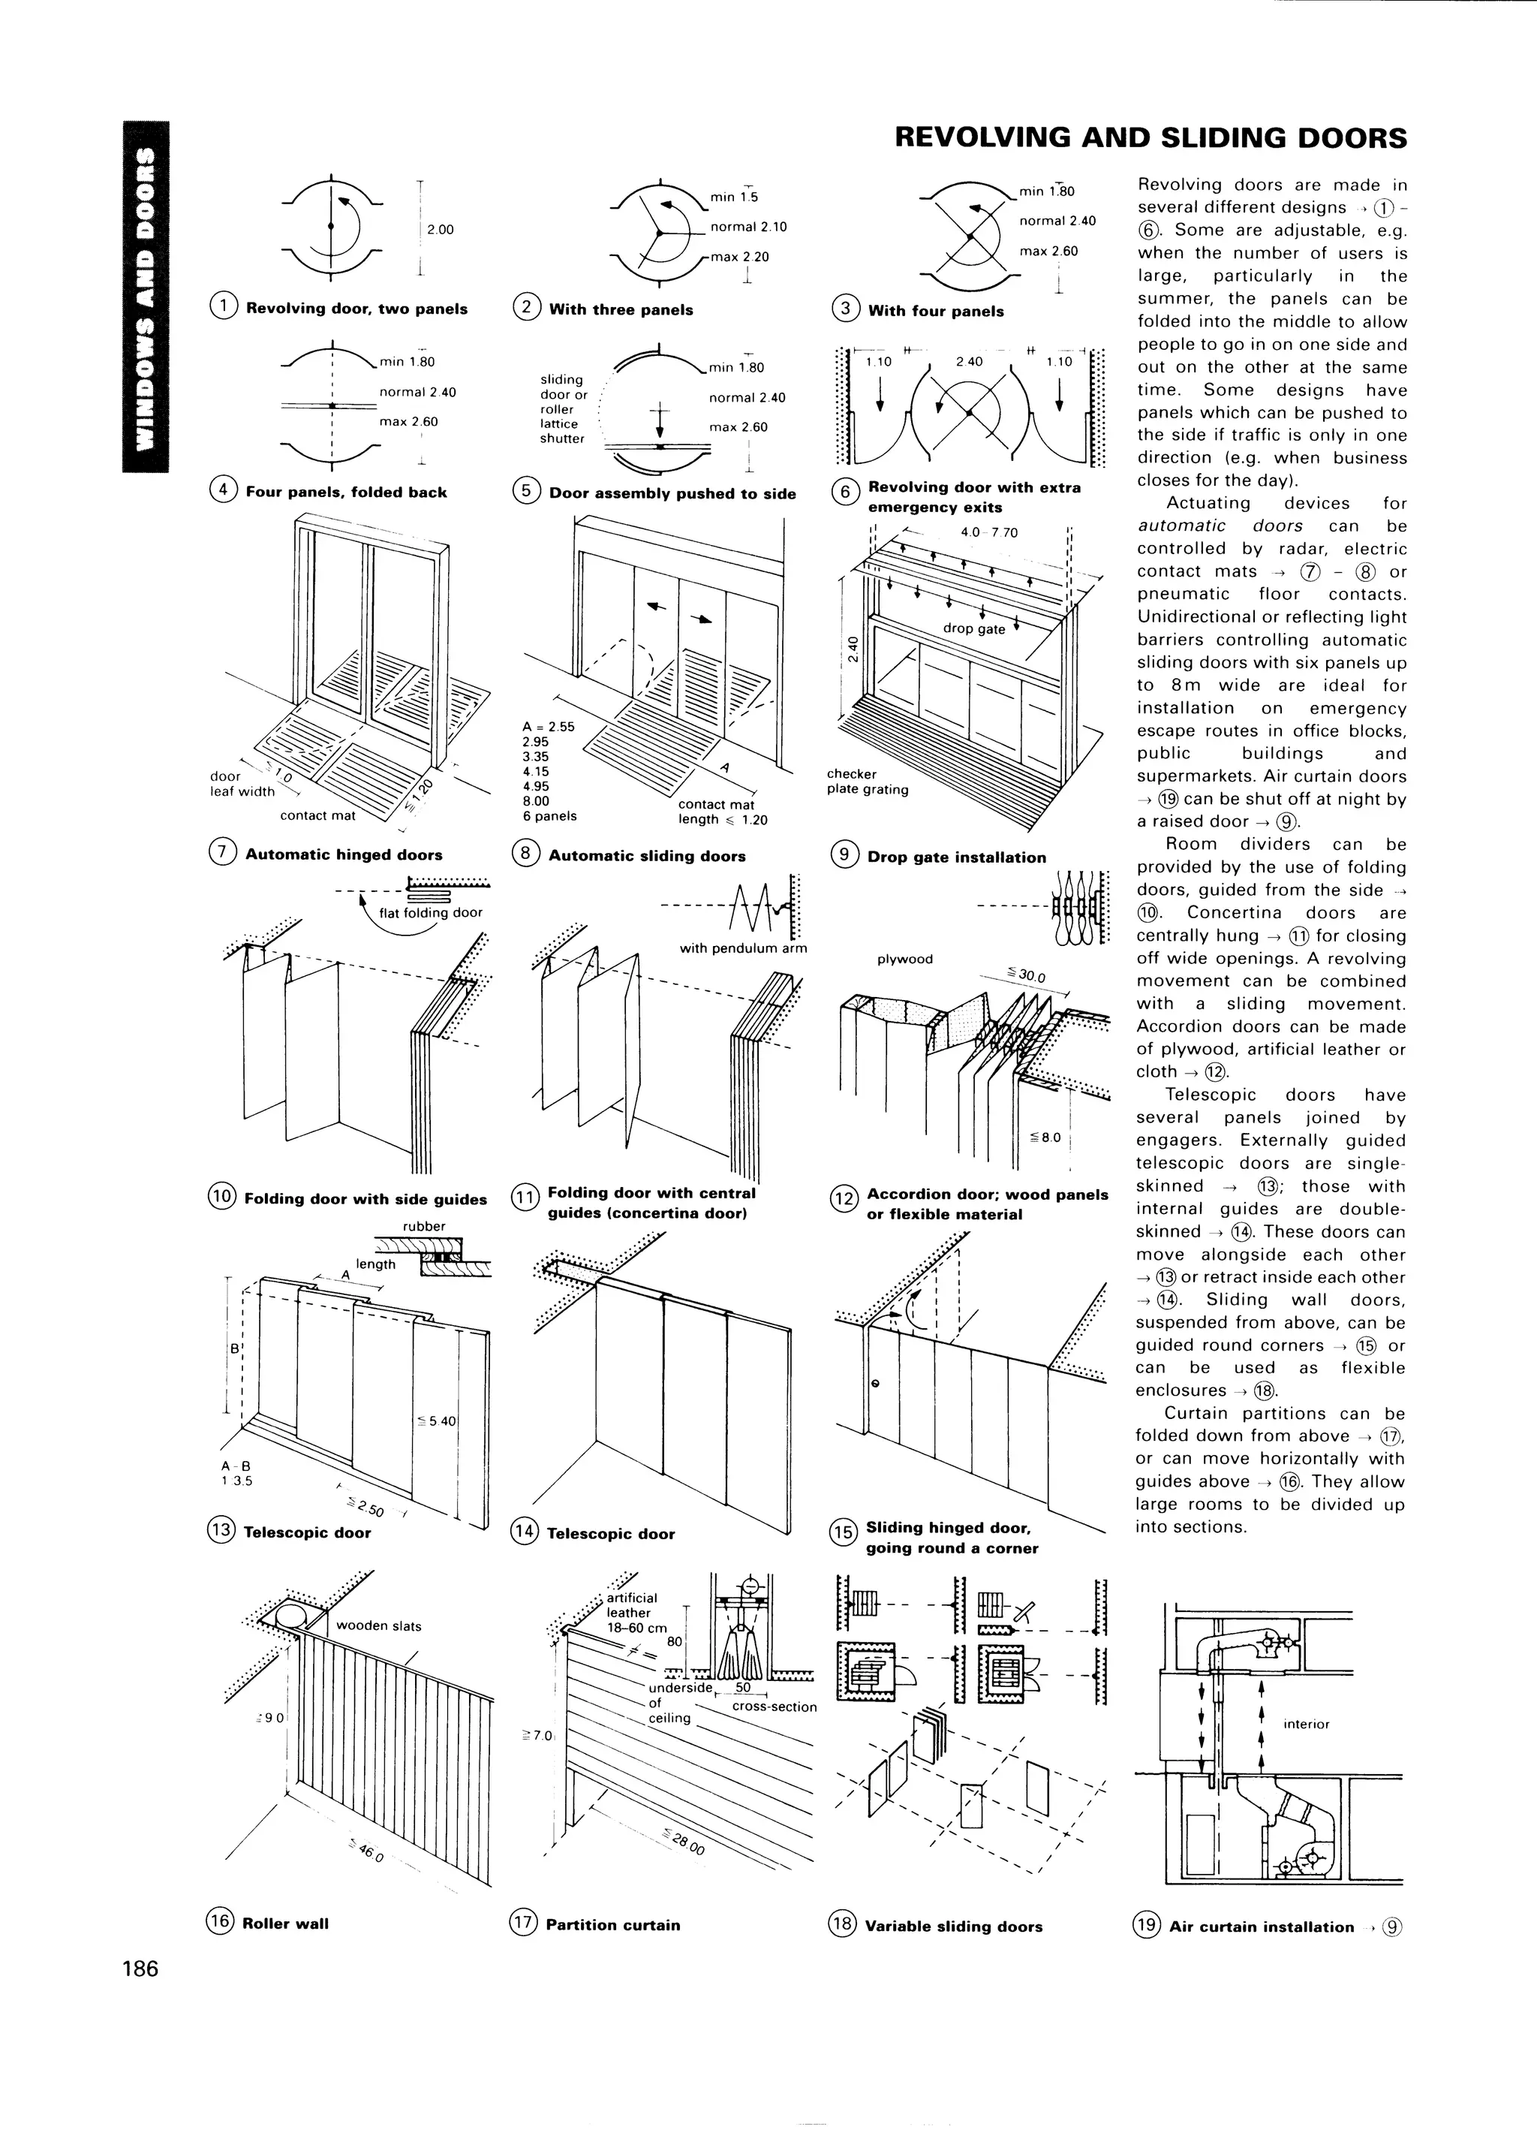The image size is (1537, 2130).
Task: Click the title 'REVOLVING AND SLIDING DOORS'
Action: click(1150, 138)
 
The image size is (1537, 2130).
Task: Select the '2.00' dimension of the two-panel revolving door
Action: click(440, 229)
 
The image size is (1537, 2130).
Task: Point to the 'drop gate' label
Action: click(973, 628)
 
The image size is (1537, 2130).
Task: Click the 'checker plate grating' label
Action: click(867, 782)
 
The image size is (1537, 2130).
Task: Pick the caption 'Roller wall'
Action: click(285, 1924)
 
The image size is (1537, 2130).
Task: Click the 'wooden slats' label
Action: click(378, 1625)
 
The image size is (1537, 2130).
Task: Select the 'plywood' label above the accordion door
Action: click(904, 959)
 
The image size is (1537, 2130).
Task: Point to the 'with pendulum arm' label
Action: click(743, 948)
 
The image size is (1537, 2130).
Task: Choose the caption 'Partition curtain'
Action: click(612, 1924)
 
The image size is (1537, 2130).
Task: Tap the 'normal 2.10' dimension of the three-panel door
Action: click(748, 226)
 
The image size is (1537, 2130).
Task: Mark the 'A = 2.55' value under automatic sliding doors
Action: click(549, 726)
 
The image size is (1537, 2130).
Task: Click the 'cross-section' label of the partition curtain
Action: click(774, 1707)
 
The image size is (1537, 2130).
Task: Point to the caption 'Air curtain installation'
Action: click(1261, 1927)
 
